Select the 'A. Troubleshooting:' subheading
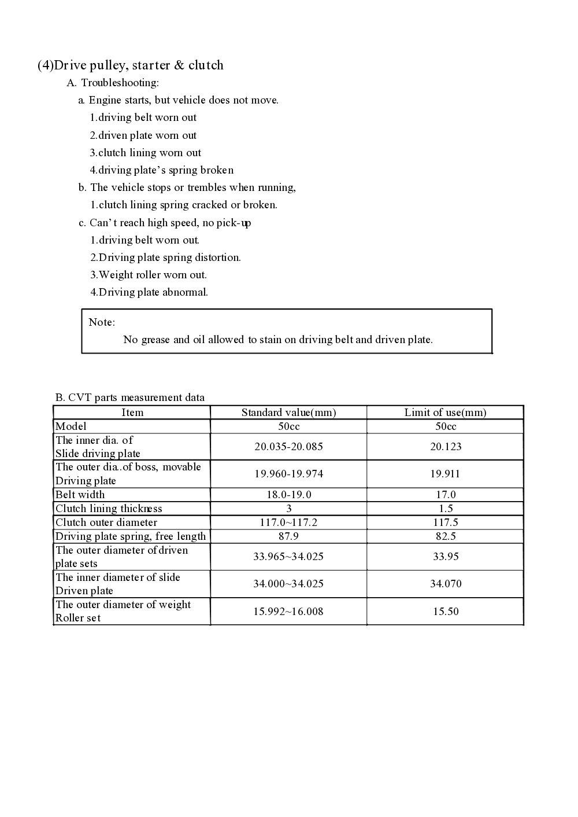pos(113,83)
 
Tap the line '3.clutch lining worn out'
pos(146,153)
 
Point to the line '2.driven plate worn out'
pos(143,135)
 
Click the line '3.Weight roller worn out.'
pos(149,275)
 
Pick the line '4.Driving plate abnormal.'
pos(149,292)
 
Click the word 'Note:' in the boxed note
pos(102,322)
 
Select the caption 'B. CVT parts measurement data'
pos(130,398)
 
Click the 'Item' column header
pos(132,413)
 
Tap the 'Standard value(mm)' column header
pos(288,413)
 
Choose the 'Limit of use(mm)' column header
pos(445,413)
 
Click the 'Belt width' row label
pos(80,495)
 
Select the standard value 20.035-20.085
pos(288,447)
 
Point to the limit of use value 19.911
pos(445,474)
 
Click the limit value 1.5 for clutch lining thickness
pos(445,509)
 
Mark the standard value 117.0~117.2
pos(288,522)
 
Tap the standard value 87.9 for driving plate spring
pos(288,536)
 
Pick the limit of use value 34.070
pos(445,584)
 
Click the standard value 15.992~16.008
pos(288,612)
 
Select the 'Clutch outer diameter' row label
pos(106,522)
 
